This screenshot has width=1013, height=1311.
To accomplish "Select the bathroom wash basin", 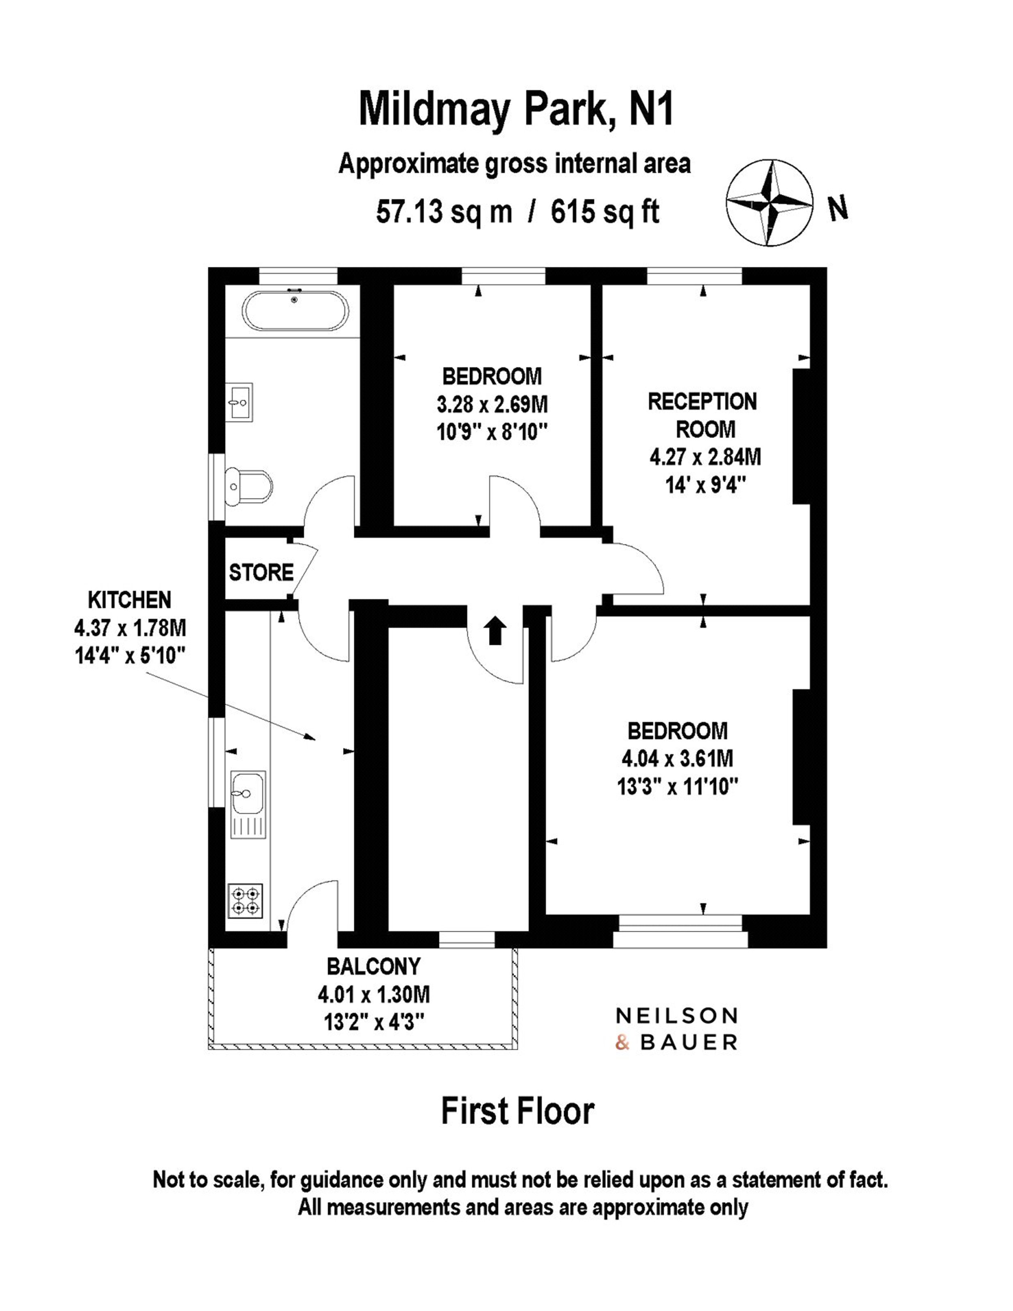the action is [240, 401].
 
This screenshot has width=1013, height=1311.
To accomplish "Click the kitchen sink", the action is [248, 805].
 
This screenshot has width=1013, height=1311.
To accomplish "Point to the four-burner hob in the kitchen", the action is [246, 901].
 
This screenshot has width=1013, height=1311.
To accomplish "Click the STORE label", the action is [261, 573].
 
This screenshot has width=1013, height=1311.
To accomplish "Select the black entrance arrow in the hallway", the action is [495, 630].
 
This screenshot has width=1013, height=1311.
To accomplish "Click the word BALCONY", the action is [374, 967].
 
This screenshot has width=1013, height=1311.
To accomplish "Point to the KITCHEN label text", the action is [129, 600].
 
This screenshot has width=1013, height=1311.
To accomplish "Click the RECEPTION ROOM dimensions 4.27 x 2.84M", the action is [705, 457].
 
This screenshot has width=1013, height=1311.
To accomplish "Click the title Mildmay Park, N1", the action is [516, 109].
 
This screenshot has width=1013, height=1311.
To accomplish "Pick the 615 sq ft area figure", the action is [605, 212].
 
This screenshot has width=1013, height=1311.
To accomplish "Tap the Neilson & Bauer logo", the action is [676, 1029].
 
